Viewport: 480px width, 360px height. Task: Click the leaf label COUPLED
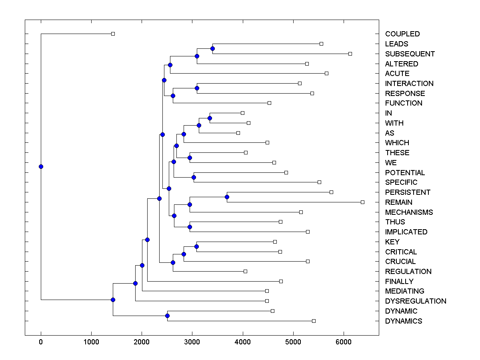pyautogui.click(x=402, y=34)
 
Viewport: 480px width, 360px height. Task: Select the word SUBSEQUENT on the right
pyautogui.click(x=410, y=54)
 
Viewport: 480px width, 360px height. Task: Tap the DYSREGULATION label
pyautogui.click(x=415, y=301)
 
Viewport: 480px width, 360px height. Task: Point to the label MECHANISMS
pyautogui.click(x=409, y=212)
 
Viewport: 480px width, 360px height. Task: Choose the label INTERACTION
pyautogui.click(x=409, y=84)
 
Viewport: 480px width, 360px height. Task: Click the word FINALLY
pyautogui.click(x=399, y=282)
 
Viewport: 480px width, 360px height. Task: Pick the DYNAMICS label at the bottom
pyautogui.click(x=403, y=321)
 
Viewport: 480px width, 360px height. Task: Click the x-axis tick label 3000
pyautogui.click(x=192, y=341)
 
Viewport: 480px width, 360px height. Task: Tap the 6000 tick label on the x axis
pyautogui.click(x=344, y=341)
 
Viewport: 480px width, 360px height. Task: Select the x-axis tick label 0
pyautogui.click(x=41, y=341)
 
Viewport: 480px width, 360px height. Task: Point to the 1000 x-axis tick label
pyautogui.click(x=91, y=341)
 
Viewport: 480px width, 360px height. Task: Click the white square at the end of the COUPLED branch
pyautogui.click(x=113, y=34)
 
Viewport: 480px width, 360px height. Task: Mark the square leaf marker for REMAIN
pyautogui.click(x=362, y=202)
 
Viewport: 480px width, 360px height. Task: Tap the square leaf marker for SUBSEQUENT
pyautogui.click(x=350, y=54)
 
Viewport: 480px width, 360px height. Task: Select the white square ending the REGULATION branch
pyautogui.click(x=245, y=271)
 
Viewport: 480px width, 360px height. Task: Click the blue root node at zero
pyautogui.click(x=41, y=166)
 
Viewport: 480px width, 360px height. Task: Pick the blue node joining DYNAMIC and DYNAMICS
pyautogui.click(x=167, y=316)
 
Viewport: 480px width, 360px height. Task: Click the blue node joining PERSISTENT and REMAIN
pyautogui.click(x=227, y=197)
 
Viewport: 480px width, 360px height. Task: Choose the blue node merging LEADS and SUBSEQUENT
pyautogui.click(x=212, y=48)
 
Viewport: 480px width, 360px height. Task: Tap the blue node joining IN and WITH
pyautogui.click(x=210, y=118)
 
